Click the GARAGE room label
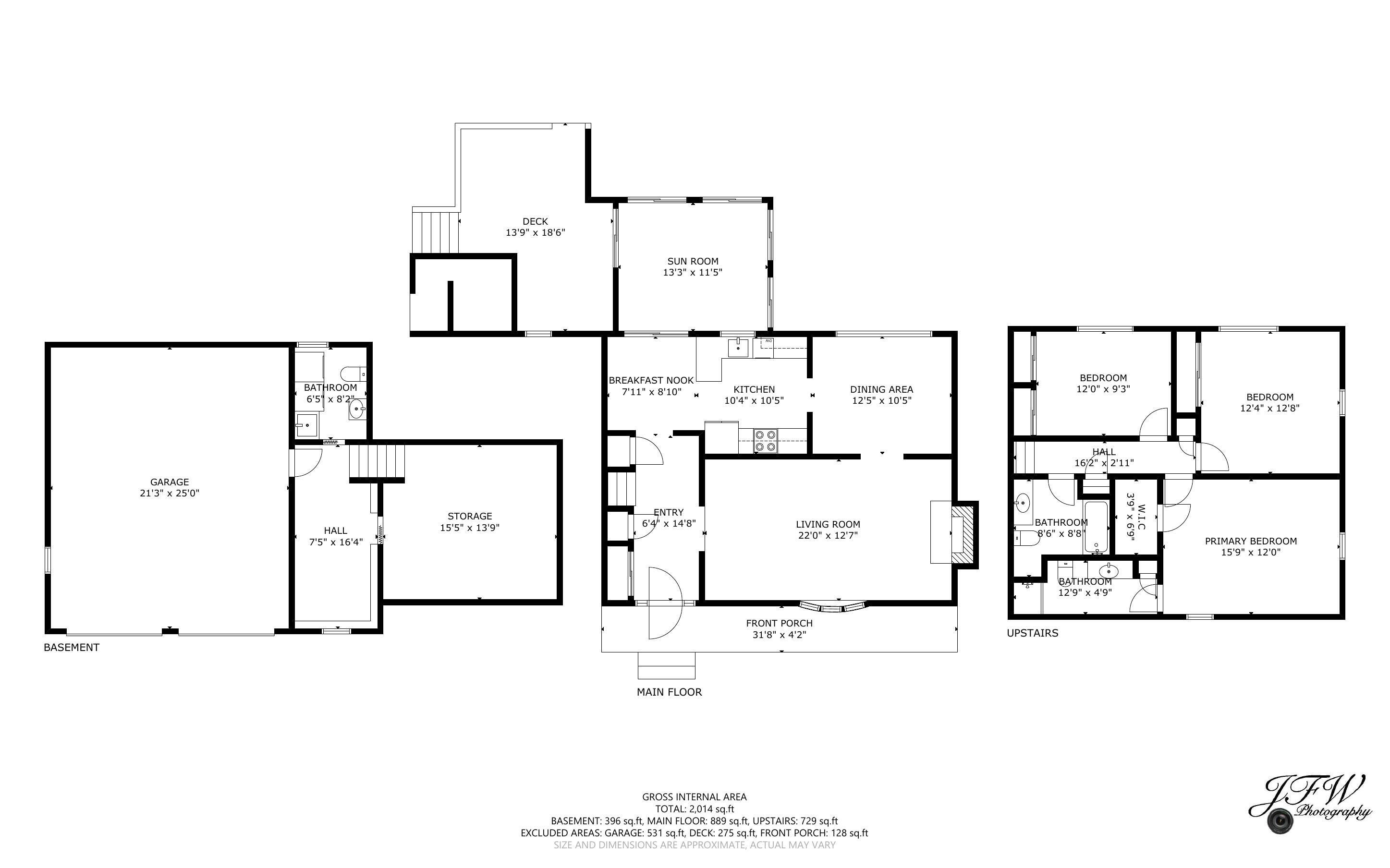[170, 482]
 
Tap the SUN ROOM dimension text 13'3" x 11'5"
[693, 273]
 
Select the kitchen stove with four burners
[765, 441]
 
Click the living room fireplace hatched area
[964, 534]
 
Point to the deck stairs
[435, 232]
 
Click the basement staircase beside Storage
[377, 460]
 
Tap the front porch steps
[666, 666]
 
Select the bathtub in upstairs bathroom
[1096, 527]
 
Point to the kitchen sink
[738, 347]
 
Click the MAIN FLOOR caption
[669, 692]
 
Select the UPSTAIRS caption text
[1032, 633]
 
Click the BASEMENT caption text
[72, 648]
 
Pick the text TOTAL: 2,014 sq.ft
[694, 809]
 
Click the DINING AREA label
[881, 389]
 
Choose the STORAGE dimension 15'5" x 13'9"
[470, 528]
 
